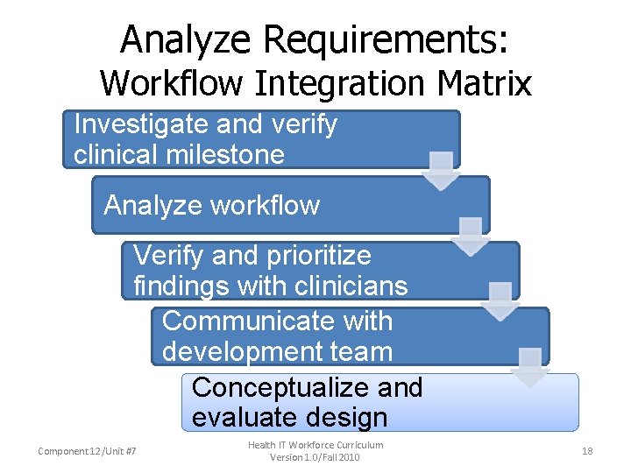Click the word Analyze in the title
[186, 39]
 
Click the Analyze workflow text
[211, 206]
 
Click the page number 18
[587, 451]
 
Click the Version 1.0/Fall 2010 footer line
[315, 457]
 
